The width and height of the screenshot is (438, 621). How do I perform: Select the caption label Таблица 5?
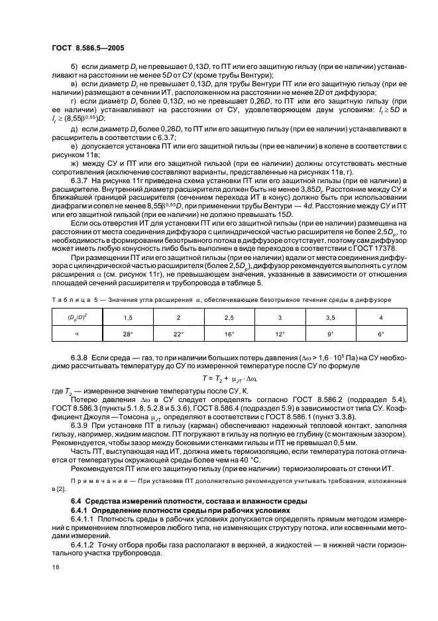pos(74,300)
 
